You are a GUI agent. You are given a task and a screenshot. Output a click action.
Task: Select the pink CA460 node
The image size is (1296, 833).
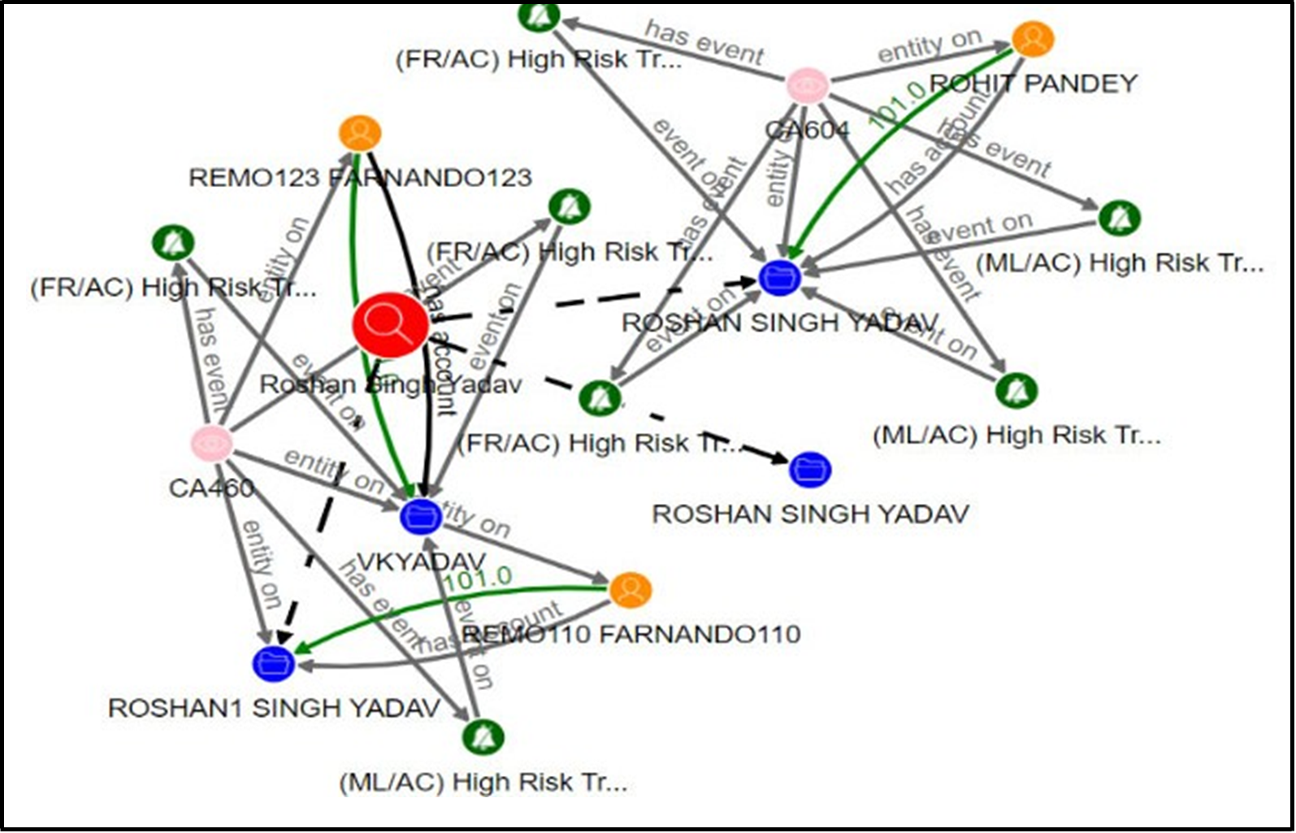212,443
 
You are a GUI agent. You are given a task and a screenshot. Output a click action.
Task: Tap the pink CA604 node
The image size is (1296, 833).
808,85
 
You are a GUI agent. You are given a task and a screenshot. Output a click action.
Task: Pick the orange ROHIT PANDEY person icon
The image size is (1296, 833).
1033,38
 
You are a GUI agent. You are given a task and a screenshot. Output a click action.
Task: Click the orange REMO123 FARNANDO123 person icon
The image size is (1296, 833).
360,133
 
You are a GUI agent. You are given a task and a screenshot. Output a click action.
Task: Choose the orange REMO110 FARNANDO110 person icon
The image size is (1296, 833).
630,590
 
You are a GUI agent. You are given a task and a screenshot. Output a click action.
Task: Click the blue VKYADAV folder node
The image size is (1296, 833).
421,515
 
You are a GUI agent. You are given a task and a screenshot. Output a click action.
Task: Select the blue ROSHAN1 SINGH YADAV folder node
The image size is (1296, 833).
274,663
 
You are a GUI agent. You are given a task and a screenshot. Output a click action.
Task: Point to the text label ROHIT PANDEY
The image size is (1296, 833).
1033,83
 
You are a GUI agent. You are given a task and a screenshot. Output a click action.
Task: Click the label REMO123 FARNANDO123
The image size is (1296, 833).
360,177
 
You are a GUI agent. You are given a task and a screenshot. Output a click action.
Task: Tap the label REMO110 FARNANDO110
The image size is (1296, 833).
631,634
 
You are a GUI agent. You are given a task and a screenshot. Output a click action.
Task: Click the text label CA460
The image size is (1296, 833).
211,488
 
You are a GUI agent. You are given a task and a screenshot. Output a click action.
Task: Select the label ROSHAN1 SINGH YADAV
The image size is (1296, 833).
274,708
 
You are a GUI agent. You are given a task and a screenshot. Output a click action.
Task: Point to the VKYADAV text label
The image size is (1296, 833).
421,561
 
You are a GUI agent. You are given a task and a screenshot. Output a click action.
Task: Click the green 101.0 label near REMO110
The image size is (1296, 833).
477,579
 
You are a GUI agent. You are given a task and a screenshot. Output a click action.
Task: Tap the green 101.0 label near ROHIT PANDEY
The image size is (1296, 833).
898,104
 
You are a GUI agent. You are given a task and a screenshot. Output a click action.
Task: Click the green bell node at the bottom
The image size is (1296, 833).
483,737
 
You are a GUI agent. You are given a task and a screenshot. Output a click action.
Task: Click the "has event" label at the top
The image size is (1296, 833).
704,43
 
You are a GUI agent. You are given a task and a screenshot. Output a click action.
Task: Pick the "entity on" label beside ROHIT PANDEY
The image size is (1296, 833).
930,47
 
